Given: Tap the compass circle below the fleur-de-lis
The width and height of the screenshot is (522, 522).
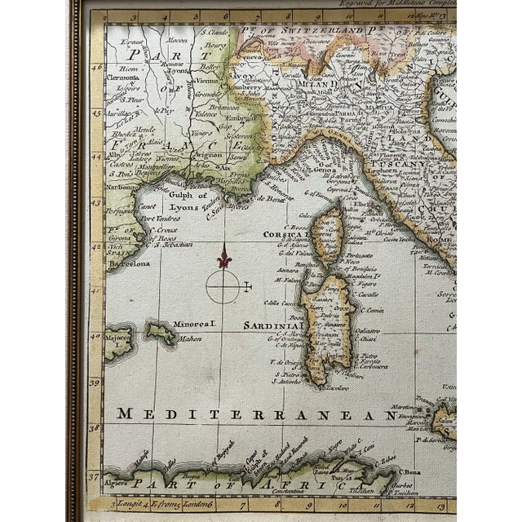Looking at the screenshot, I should [x=223, y=285].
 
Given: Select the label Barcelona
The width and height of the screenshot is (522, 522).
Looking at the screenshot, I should [x=128, y=264].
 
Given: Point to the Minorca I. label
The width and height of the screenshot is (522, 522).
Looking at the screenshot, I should [x=195, y=323].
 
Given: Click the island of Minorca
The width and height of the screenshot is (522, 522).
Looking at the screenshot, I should [x=161, y=332].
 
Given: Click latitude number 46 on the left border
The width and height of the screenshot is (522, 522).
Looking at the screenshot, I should [x=96, y=70].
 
